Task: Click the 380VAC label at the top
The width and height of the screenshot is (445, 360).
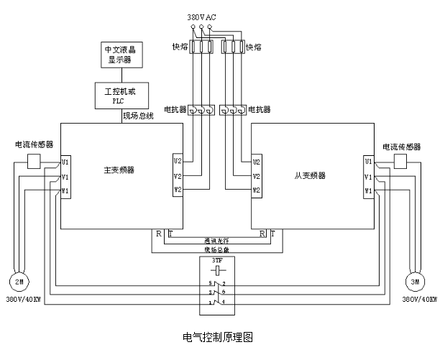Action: coord(202,17)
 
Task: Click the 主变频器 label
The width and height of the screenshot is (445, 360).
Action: coord(119,170)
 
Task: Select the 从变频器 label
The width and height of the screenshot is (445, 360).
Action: coord(311,175)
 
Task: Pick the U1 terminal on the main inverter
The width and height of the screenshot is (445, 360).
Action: coord(65,162)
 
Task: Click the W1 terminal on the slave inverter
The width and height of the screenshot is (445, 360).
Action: coord(369,190)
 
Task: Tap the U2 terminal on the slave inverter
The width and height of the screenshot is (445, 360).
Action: coord(256,162)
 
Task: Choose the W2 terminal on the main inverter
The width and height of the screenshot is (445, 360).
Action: coord(178,190)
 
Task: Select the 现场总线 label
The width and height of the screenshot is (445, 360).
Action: coord(139,116)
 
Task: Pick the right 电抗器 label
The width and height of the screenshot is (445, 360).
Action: coord(259,110)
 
